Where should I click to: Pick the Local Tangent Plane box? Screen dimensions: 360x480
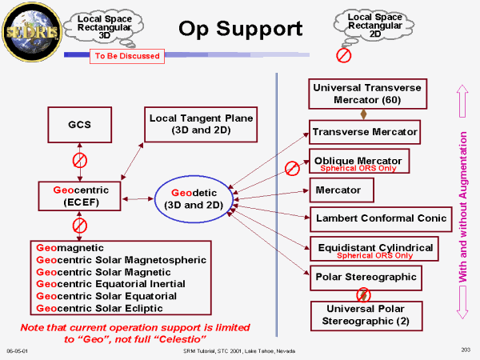pyautogui.click(x=202, y=124)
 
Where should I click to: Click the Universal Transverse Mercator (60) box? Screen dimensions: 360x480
pyautogui.click(x=367, y=94)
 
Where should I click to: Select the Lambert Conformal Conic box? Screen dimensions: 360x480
pyautogui.click(x=380, y=218)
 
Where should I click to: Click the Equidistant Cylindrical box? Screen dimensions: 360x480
pyautogui.click(x=374, y=249)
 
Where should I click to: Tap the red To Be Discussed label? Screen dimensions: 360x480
pyautogui.click(x=127, y=56)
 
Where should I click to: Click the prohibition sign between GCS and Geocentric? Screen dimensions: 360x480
pyautogui.click(x=79, y=161)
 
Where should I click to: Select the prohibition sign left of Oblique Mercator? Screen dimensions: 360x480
pyautogui.click(x=294, y=169)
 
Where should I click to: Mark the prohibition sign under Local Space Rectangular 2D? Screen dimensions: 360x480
pyautogui.click(x=343, y=55)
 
